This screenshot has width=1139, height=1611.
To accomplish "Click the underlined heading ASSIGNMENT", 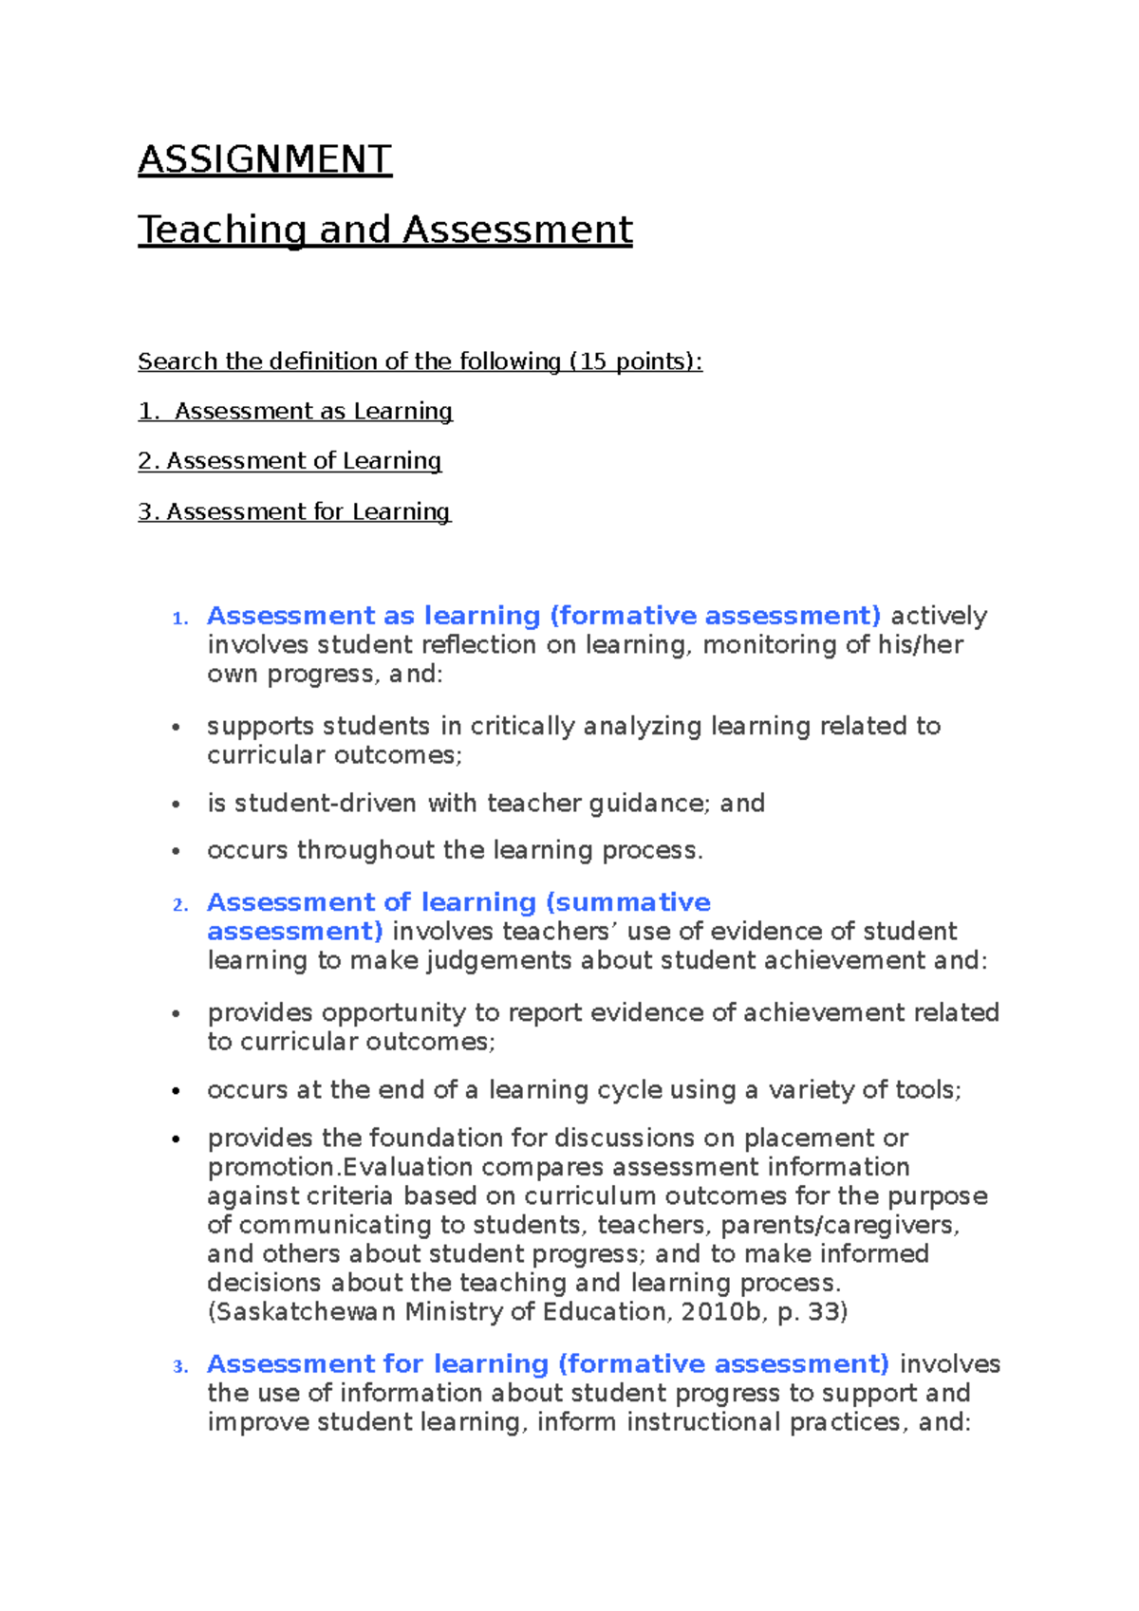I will pyautogui.click(x=265, y=159).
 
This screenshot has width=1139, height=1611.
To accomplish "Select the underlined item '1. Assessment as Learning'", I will pyautogui.click(x=295, y=412).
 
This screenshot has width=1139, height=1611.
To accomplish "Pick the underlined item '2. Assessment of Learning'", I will pyautogui.click(x=289, y=461).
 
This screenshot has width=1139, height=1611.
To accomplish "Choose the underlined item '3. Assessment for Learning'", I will pyautogui.click(x=294, y=512).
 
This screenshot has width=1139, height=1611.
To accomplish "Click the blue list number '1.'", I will pyautogui.click(x=180, y=619).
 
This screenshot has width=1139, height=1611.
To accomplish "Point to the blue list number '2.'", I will pyautogui.click(x=180, y=905).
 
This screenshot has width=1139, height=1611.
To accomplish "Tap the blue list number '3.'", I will pyautogui.click(x=180, y=1367).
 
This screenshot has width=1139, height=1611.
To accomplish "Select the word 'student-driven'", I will pyautogui.click(x=311, y=804).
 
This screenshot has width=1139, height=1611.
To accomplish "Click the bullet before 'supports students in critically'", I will pyautogui.click(x=176, y=728).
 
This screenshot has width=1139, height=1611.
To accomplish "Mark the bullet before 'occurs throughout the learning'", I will pyautogui.click(x=176, y=851).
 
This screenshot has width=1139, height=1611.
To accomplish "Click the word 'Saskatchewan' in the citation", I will pyautogui.click(x=306, y=1312).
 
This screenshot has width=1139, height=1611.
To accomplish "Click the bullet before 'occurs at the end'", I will pyautogui.click(x=176, y=1091).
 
